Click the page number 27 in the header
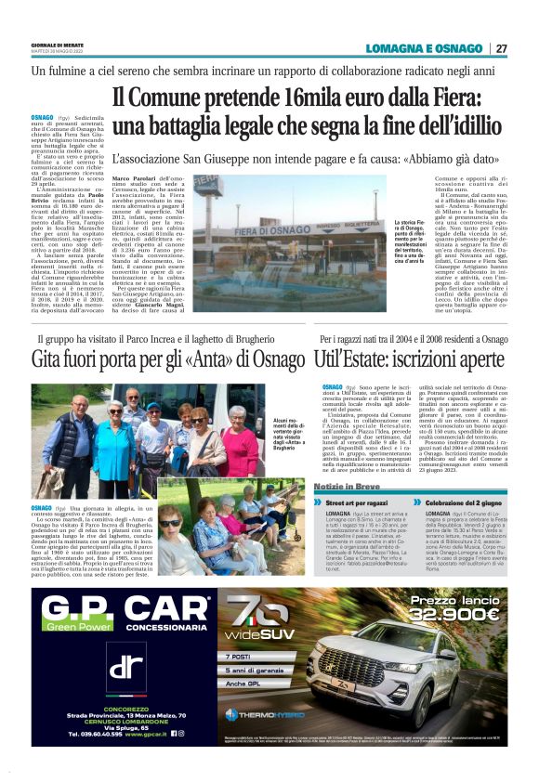click(501, 48)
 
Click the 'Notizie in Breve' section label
click(348, 488)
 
